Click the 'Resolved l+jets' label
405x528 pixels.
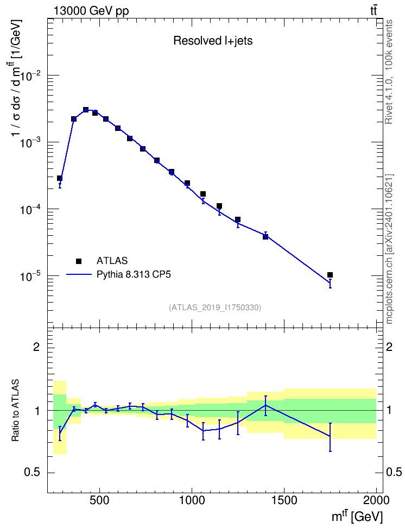(x=213, y=41)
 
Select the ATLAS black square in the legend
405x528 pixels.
(x=79, y=261)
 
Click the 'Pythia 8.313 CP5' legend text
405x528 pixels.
(x=134, y=274)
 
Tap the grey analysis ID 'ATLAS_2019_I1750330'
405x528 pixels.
(x=215, y=307)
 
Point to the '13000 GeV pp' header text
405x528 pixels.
(x=91, y=11)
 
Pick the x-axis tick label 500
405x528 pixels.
(x=100, y=500)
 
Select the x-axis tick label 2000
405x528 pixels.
(x=376, y=500)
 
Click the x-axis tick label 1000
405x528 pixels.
(x=192, y=500)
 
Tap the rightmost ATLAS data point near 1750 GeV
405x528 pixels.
(x=330, y=275)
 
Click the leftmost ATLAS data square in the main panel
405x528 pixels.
(x=60, y=178)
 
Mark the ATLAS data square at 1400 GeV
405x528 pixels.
(x=265, y=236)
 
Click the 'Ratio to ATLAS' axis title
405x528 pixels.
(x=15, y=410)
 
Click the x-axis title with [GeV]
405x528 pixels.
(x=357, y=517)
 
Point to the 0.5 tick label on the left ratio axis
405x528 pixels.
(x=33, y=473)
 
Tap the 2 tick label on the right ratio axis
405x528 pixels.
(x=389, y=347)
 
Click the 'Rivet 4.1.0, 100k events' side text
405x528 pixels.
(x=389, y=72)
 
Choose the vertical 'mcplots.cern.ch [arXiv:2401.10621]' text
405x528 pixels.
(x=389, y=249)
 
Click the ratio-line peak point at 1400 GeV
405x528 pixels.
(x=265, y=405)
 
